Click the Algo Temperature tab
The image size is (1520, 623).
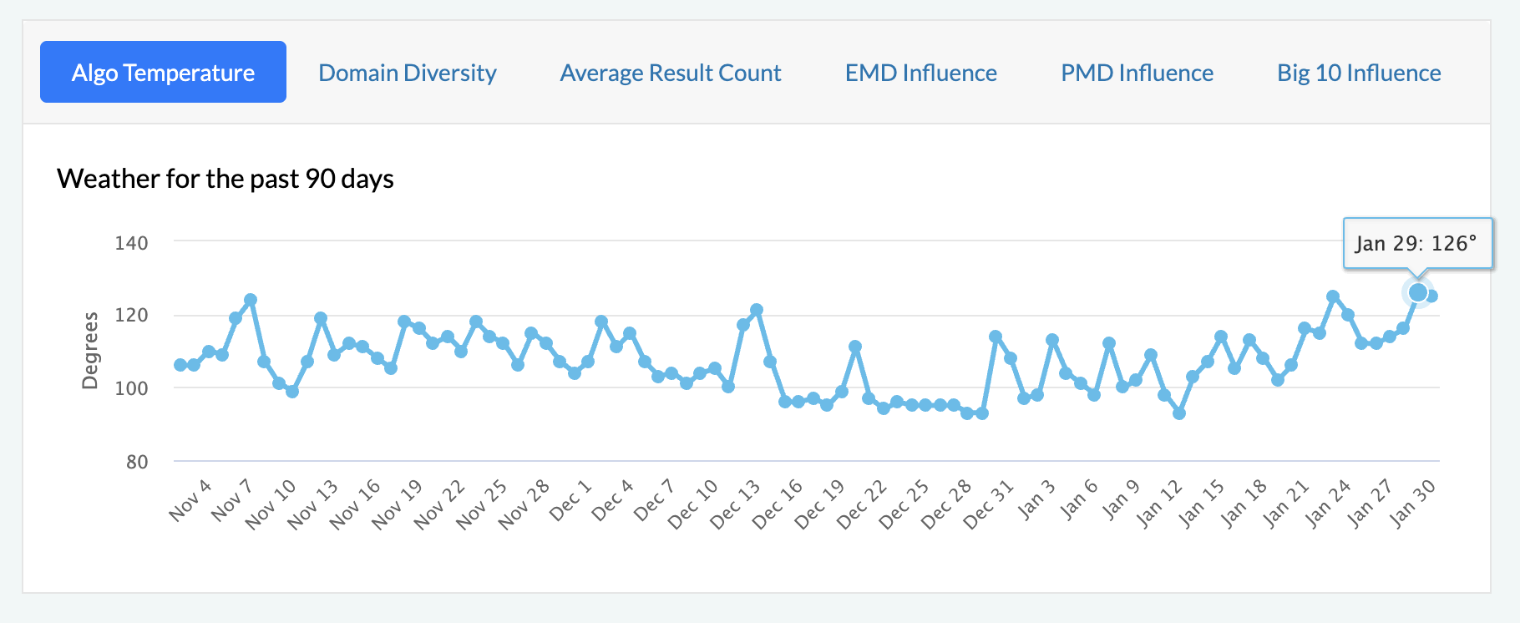point(163,73)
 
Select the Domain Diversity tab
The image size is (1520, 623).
point(408,73)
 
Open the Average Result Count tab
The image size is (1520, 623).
point(671,73)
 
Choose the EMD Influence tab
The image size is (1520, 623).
point(920,73)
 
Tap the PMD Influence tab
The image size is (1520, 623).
point(1137,73)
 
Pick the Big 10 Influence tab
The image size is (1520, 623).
point(1359,73)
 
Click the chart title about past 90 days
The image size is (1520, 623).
point(225,179)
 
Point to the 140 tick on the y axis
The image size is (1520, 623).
point(131,243)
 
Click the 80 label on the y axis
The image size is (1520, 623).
point(137,462)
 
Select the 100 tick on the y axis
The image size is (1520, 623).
point(131,388)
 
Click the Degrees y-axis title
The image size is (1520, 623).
point(90,351)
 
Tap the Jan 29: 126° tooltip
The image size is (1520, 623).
point(1416,243)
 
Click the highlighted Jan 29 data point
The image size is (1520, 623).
point(1418,292)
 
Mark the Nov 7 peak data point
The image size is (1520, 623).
point(251,300)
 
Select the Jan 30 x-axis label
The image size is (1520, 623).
point(1413,504)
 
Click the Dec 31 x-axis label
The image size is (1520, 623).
point(989,504)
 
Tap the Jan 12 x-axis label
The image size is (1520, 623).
point(1159,504)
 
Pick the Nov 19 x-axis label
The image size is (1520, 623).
point(398,504)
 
